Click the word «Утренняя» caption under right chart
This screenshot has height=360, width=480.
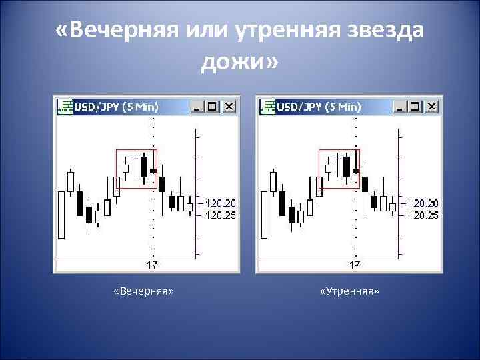point(349,293)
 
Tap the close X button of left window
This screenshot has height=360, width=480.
point(229,107)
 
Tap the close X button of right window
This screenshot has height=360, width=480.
point(432,107)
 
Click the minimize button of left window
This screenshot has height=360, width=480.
point(197,107)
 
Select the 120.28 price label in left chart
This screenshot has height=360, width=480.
point(219,202)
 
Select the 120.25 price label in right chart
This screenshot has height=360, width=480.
point(423,215)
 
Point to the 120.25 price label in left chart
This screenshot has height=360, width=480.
point(219,215)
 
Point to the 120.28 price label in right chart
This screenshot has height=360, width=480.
point(423,202)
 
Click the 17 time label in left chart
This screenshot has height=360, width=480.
point(151,265)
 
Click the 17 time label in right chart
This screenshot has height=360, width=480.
point(355,265)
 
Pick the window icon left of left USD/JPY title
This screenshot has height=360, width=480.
point(64,107)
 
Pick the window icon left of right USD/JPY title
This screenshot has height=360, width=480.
point(267,107)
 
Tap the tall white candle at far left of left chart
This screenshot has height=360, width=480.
point(61,215)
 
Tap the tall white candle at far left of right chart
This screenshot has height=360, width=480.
point(265,215)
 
